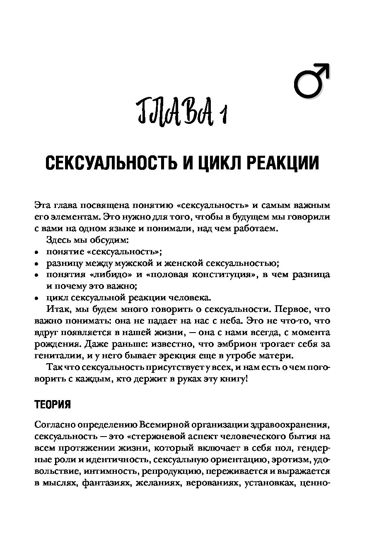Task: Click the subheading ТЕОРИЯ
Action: tap(53, 404)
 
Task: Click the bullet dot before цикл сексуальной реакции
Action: tap(36, 298)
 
